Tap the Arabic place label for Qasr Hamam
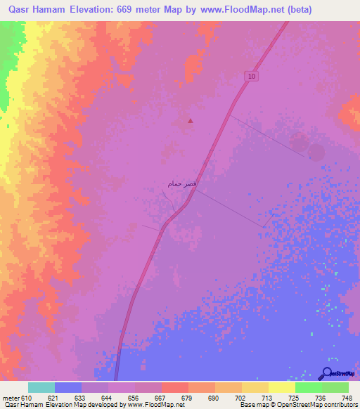pos(182,183)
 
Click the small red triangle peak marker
pos(191,120)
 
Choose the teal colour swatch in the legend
pos(41,387)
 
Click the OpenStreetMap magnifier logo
pos(327,373)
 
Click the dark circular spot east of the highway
pos(316,152)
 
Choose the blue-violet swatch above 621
pos(68,387)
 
